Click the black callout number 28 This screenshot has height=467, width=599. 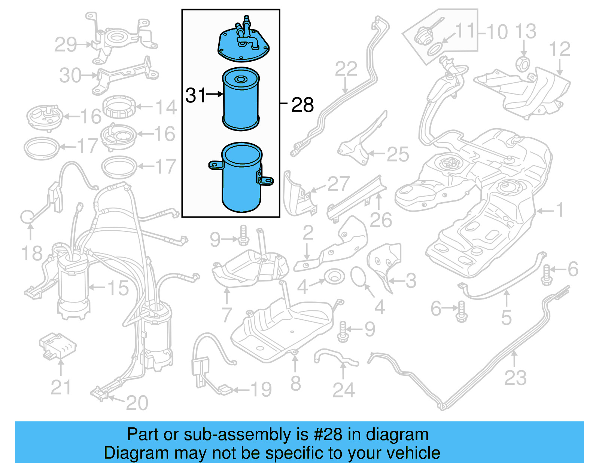coord(302,105)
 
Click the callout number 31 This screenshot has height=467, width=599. coord(195,95)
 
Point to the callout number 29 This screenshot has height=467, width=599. coord(66,45)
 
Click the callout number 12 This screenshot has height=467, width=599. coord(559,49)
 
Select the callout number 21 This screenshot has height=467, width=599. coord(61,387)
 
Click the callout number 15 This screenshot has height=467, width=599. coord(118,288)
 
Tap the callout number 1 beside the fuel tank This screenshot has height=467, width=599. coord(559,210)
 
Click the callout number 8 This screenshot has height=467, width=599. coord(295,384)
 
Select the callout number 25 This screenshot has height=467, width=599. coord(398,154)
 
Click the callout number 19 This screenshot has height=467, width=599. coord(261,390)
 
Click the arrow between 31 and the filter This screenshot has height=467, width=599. coord(215,94)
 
